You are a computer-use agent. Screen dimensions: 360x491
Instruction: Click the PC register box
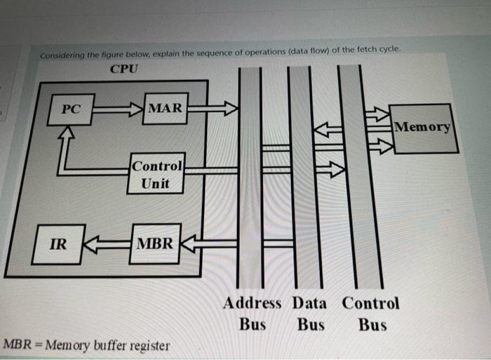coord(70,110)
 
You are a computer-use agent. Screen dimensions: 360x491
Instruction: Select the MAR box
coord(165,107)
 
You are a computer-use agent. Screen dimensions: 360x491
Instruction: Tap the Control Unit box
coord(157,174)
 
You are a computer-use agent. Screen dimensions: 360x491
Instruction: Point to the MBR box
coord(156,244)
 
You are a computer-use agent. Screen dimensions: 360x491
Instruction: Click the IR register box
coord(60,244)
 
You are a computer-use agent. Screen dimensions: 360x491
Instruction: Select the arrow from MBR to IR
coord(107,244)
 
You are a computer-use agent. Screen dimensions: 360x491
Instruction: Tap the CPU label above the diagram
coord(124,69)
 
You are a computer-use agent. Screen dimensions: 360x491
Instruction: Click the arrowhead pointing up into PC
coord(67,133)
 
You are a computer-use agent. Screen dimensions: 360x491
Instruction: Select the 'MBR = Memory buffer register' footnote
coord(86,345)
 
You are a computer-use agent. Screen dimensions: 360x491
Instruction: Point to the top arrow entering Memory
coord(378,112)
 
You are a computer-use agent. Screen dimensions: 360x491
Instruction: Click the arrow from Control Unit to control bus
coord(330,169)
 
